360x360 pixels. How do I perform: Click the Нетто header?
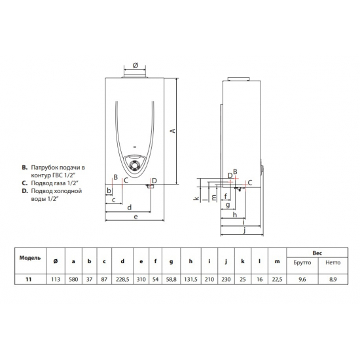(x=334, y=262)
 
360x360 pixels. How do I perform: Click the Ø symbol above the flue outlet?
(x=134, y=65)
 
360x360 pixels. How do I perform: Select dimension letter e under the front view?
(x=135, y=216)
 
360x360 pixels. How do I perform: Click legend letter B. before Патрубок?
(x=25, y=168)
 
